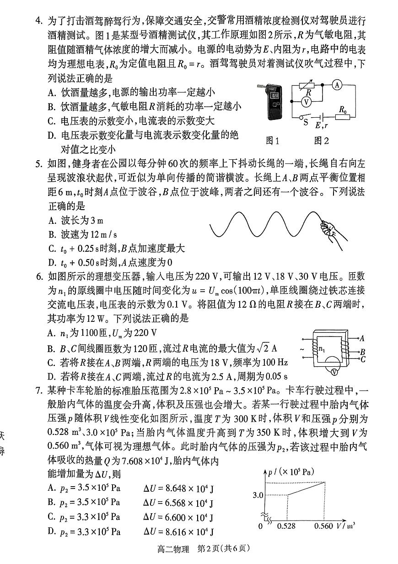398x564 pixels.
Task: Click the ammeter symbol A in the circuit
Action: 337,85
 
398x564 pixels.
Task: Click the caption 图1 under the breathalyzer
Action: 273,141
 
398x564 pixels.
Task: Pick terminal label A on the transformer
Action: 362,339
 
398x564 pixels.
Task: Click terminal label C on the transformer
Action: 362,359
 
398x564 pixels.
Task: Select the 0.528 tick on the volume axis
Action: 286,526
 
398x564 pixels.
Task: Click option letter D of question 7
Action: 51,531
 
